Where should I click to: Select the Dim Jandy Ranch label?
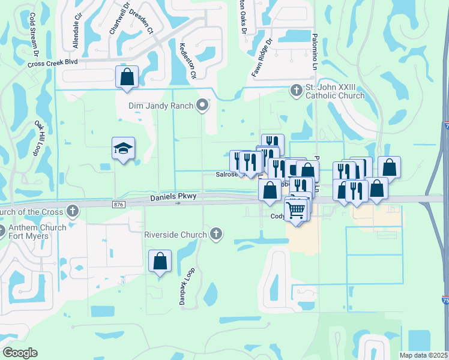coord(160,106)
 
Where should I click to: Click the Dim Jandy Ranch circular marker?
coord(203,106)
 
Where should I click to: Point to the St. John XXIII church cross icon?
coord(295,91)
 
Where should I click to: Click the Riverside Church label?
coord(176,234)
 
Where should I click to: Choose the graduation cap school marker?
coord(123,149)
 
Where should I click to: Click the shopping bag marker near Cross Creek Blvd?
coord(127,77)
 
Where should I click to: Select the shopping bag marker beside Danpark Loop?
coord(160,262)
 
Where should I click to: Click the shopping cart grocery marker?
coord(296,211)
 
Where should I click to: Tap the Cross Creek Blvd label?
coord(53,62)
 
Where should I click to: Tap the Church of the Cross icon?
coord(73,211)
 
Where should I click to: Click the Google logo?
coord(20,353)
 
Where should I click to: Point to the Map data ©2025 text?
coord(423,355)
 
